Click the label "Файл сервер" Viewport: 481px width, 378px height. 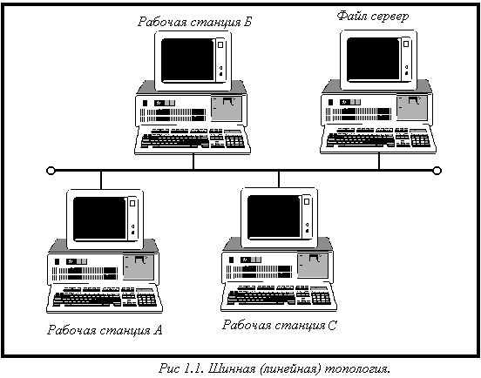pos(373,17)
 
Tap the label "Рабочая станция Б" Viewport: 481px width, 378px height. pos(195,22)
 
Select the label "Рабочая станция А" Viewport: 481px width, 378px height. pos(105,330)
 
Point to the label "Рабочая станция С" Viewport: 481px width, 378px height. pos(280,325)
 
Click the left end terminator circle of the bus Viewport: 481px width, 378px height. pos(51,171)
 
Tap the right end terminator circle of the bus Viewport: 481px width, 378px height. pos(437,171)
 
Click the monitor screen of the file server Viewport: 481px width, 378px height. pos(374,59)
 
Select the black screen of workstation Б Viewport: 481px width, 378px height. pos(187,60)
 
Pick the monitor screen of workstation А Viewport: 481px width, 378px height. pos(99,219)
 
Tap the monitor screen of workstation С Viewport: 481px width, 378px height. pos(274,217)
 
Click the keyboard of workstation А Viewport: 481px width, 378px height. pos(105,298)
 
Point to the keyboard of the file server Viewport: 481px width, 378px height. pos(378,138)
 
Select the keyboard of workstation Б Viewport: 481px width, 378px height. pos(193,139)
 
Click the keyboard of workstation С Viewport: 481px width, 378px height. pos(279,296)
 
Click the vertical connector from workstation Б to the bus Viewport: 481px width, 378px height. pos(193,161)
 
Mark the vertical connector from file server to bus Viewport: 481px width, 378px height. pos(379,161)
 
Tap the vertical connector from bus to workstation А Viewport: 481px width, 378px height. pos(101,180)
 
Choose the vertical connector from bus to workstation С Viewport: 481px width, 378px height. pos(279,179)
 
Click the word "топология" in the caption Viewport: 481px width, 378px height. pos(356,368)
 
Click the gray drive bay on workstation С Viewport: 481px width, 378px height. pos(313,265)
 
